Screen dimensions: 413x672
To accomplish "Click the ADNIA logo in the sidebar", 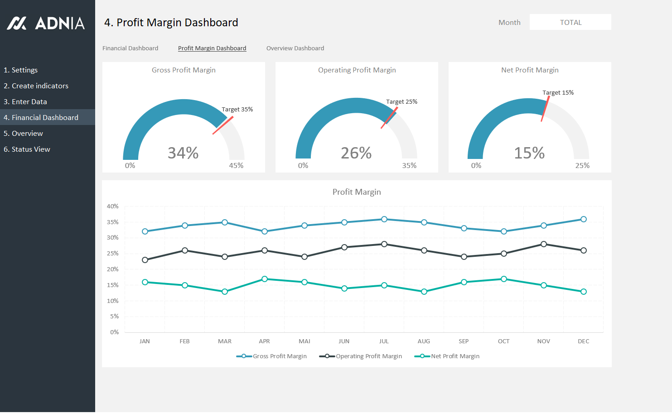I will point(46,23).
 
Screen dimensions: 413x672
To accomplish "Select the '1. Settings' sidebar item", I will point(21,70).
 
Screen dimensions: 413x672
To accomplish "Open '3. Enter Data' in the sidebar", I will point(25,102).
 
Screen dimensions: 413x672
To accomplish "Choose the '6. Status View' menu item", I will point(27,149).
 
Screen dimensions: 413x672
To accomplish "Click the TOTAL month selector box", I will point(570,23).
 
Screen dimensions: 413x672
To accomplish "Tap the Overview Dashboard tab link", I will point(295,48).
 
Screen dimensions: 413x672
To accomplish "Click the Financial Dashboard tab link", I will point(130,48).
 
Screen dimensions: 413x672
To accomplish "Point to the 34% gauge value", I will point(183,153).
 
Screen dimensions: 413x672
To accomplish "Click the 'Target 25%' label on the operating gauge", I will point(401,102).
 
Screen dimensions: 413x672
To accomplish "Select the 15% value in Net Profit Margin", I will point(529,153).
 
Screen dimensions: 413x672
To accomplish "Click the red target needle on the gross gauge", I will point(223,125).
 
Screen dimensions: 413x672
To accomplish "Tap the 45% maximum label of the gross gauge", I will point(236,166).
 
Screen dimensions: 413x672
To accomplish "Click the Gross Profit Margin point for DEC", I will point(584,219).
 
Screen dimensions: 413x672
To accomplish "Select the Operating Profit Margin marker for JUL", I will point(384,244).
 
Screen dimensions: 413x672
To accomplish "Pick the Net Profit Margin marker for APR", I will point(265,279).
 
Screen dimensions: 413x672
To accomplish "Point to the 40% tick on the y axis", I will point(113,206).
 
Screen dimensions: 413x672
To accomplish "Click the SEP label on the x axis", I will point(464,341).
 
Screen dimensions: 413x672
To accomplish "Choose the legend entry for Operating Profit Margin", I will point(361,356).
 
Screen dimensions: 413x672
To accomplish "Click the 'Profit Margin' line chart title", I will point(357,192).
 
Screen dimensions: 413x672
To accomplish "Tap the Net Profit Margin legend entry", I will point(447,356).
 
